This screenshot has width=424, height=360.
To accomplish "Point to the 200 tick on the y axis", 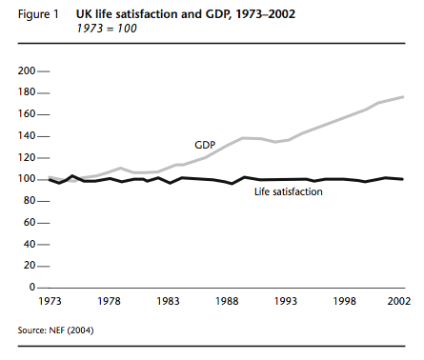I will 27,71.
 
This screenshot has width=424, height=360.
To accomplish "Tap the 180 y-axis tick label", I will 27,93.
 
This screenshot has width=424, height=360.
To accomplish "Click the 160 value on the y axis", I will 27,114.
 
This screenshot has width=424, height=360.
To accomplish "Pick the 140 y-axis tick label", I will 27,136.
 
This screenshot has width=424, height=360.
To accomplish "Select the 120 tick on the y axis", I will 27,157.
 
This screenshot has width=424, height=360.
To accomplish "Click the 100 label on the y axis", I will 27,179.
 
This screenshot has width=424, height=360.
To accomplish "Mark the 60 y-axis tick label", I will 30,222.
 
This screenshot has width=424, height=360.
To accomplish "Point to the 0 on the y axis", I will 32,287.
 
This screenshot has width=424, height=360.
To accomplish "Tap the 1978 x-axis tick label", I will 110,301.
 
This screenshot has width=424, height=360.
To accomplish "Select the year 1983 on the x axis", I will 170,301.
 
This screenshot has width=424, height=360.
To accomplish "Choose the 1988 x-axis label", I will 229,301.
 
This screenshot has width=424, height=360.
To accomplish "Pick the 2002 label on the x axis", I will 396,301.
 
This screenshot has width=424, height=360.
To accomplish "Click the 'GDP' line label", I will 204,145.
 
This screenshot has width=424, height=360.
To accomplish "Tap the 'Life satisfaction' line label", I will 288,192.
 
